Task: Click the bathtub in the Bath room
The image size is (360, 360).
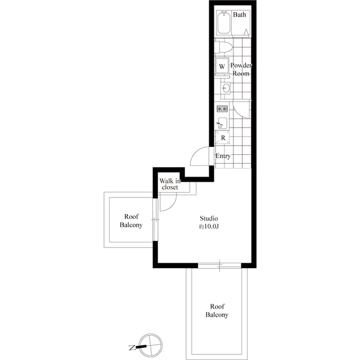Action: (224, 22)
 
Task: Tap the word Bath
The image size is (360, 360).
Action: (240, 15)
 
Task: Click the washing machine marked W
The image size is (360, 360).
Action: (222, 66)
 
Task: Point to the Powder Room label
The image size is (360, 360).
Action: (241, 69)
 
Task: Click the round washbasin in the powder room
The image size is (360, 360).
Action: (226, 88)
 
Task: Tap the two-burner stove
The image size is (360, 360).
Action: (222, 109)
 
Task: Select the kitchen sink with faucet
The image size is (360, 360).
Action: (222, 123)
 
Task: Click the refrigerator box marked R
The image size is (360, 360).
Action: (223, 137)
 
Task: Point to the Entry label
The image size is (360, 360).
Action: (223, 156)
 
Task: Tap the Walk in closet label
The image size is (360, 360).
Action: (170, 184)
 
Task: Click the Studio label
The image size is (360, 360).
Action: (209, 218)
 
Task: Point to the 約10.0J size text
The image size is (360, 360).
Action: (209, 227)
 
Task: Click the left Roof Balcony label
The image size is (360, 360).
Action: (131, 220)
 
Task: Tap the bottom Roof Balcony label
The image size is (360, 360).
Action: (217, 310)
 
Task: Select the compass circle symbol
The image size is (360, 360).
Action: (151, 345)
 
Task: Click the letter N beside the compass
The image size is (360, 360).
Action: (132, 348)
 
